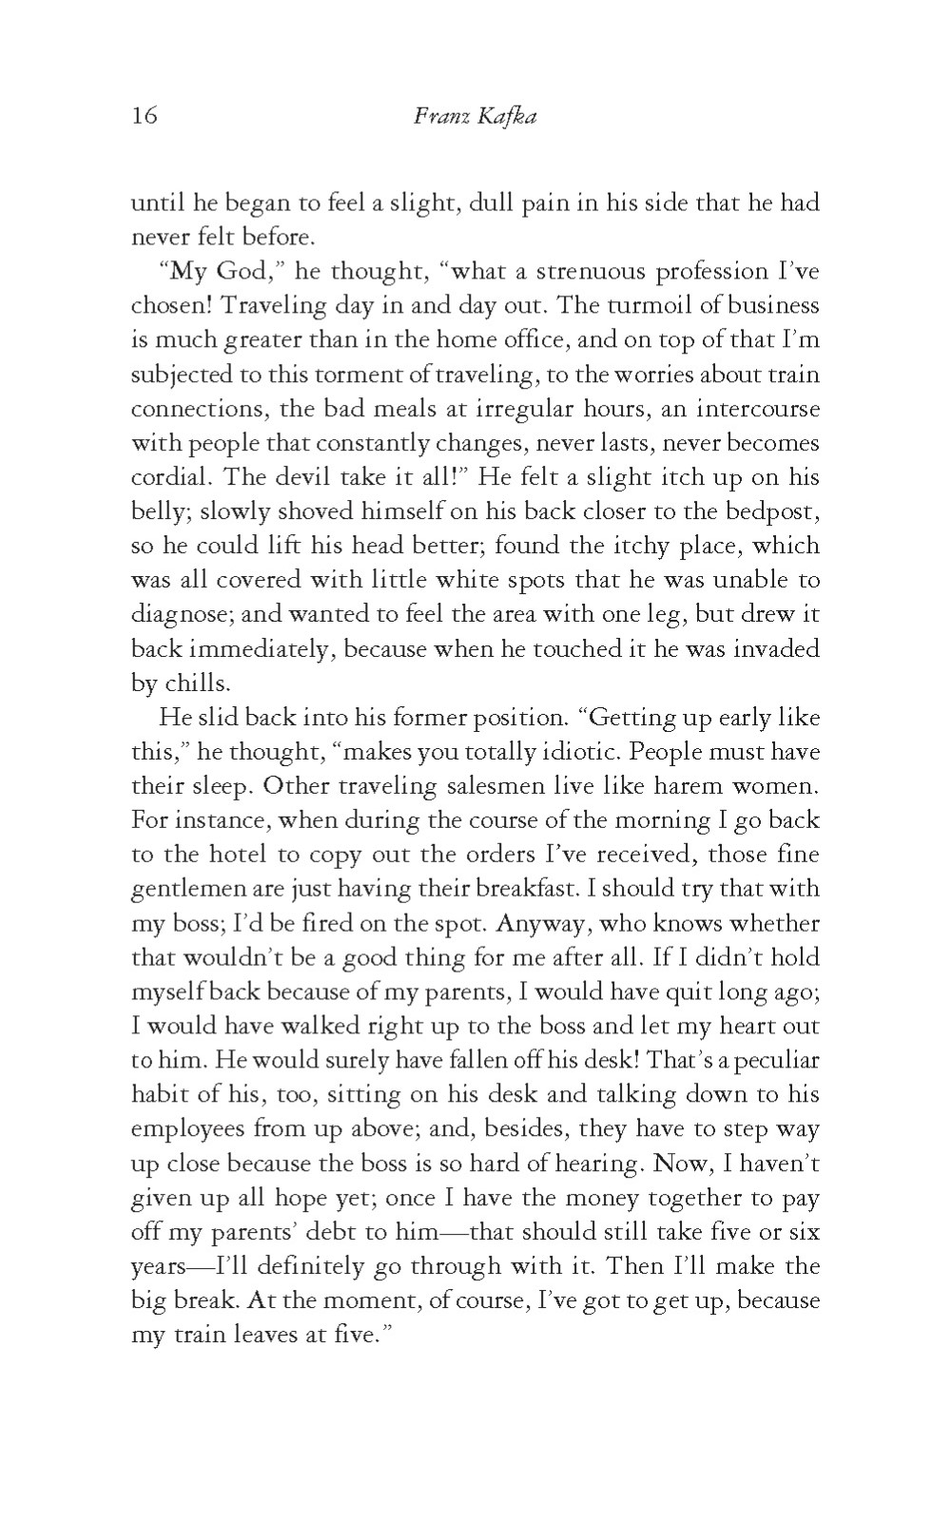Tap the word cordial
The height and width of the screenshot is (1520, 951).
(165, 477)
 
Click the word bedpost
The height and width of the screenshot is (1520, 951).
(768, 511)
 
